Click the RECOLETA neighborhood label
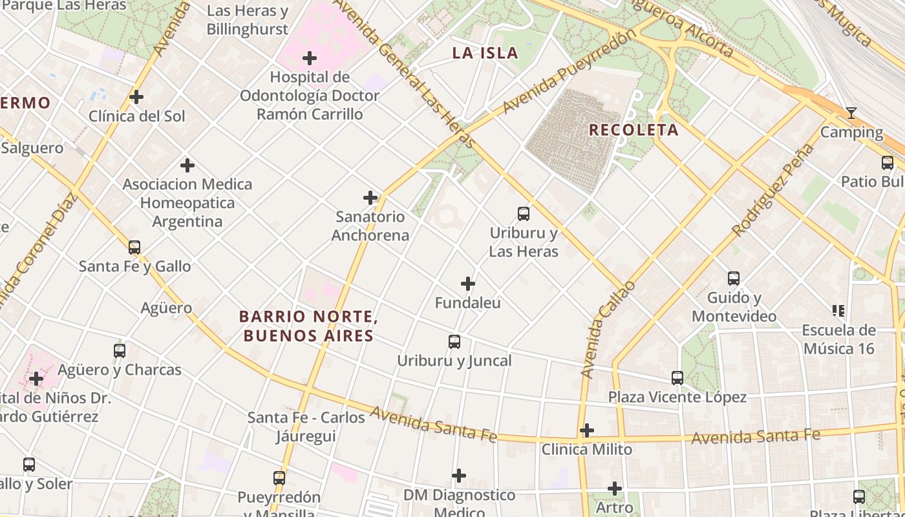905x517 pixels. pyautogui.click(x=633, y=130)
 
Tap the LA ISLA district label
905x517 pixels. pyautogui.click(x=485, y=53)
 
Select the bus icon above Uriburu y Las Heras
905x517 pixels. pyautogui.click(x=524, y=213)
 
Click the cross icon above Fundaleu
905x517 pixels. pyautogui.click(x=468, y=284)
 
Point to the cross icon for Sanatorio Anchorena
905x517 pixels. pyautogui.click(x=370, y=197)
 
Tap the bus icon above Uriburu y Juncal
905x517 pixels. pyautogui.click(x=454, y=342)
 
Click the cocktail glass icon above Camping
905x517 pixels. pyautogui.click(x=851, y=114)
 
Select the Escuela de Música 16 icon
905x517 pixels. pyautogui.click(x=839, y=311)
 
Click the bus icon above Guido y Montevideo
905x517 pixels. pyautogui.click(x=734, y=279)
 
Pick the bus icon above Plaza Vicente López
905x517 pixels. pyautogui.click(x=677, y=378)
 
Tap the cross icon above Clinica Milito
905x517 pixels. pyautogui.click(x=587, y=430)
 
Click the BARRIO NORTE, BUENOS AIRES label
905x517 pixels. pyautogui.click(x=308, y=326)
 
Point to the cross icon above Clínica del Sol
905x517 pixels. pyautogui.click(x=136, y=97)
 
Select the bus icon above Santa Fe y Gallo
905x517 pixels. pyautogui.click(x=134, y=247)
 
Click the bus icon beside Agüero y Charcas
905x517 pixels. pyautogui.click(x=120, y=351)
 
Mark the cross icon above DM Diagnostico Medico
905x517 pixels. pyautogui.click(x=459, y=476)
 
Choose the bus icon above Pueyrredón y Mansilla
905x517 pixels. pyautogui.click(x=279, y=478)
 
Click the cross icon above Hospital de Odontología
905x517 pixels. pyautogui.click(x=310, y=58)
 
